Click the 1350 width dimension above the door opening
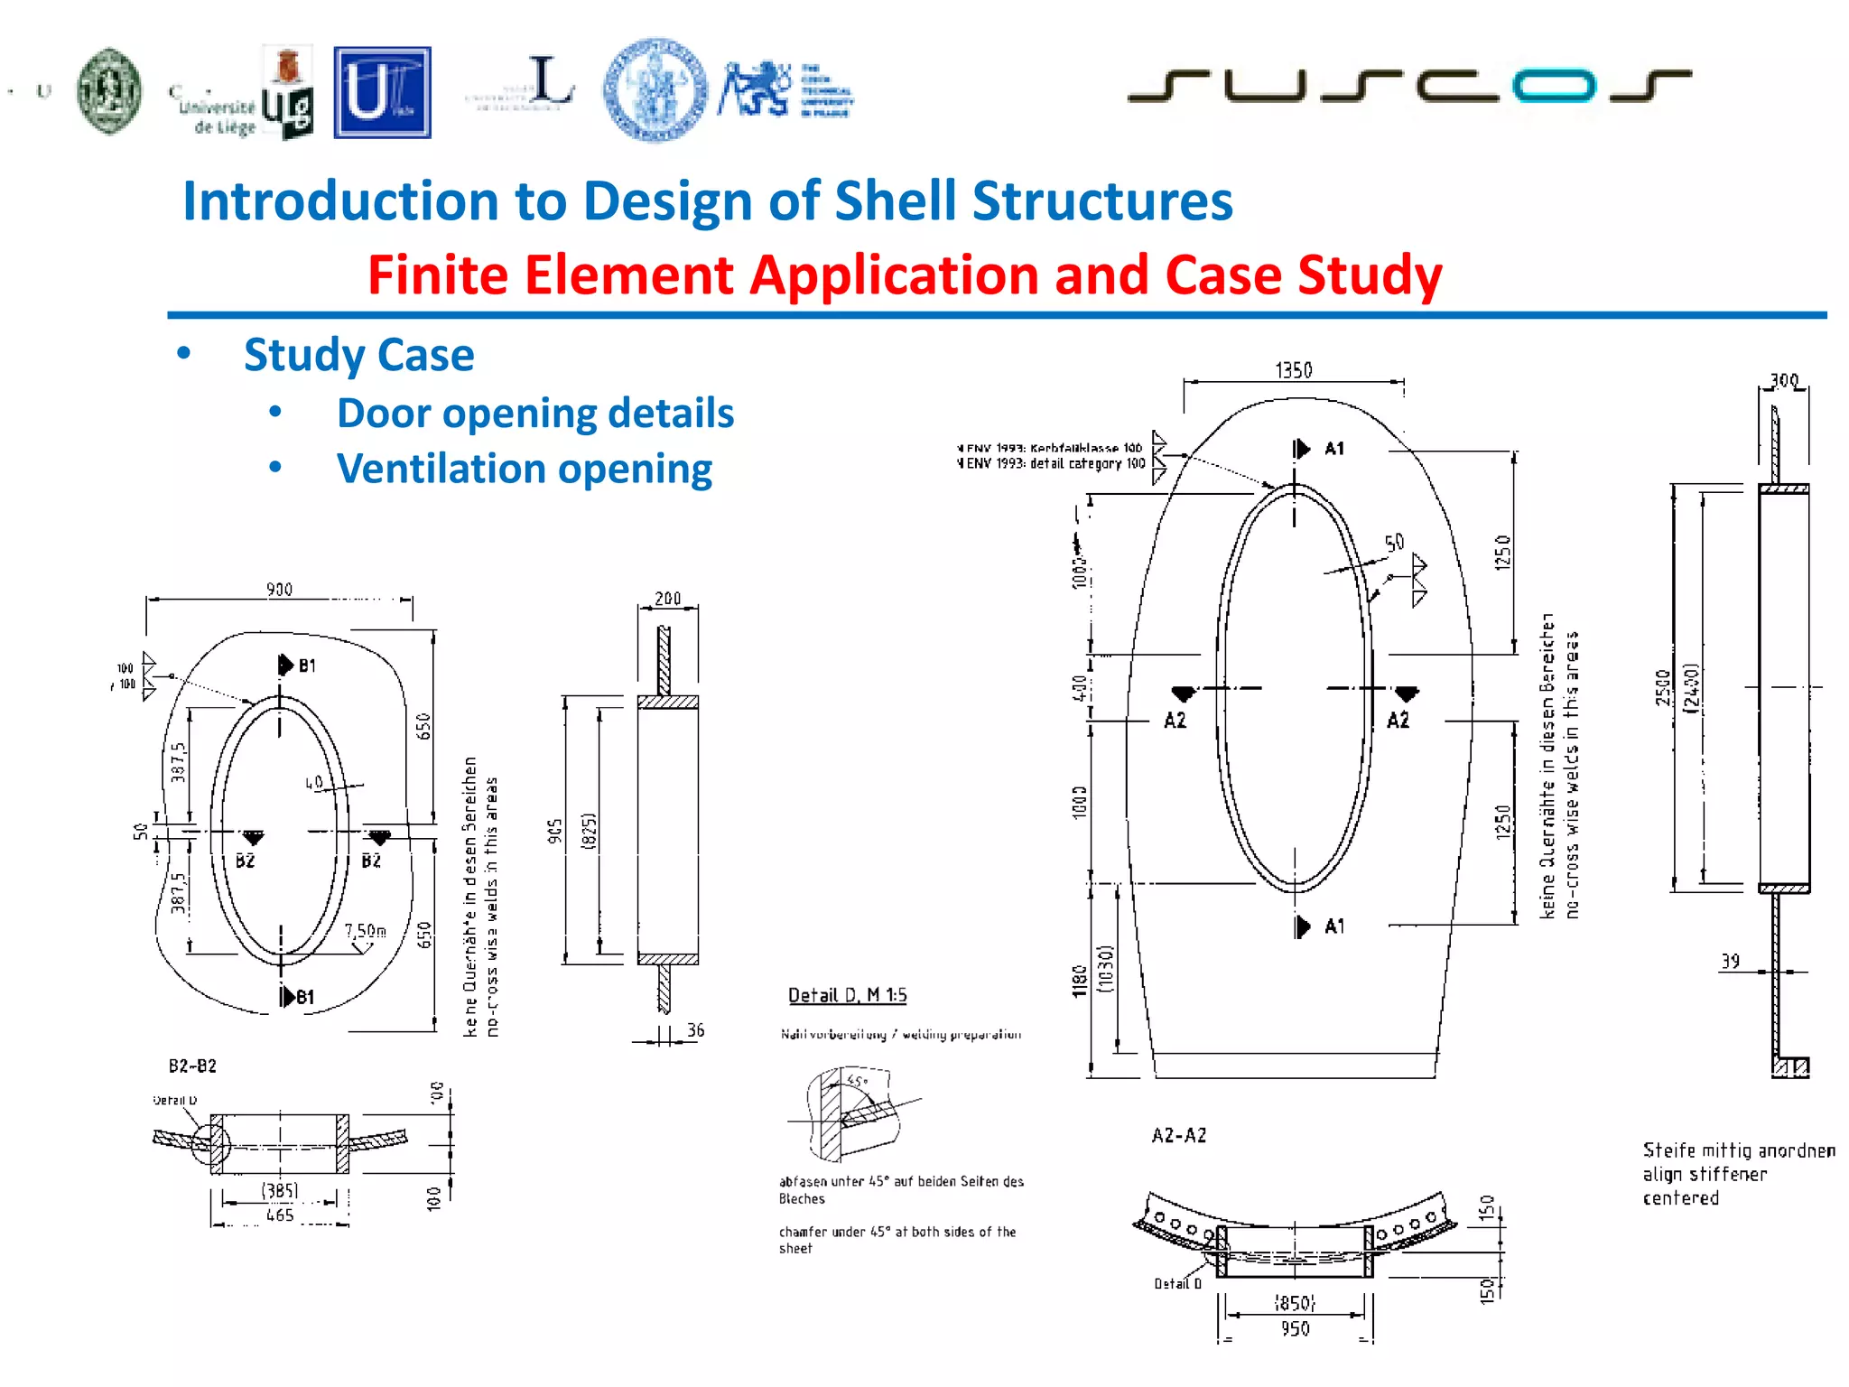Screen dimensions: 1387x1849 pyautogui.click(x=1293, y=369)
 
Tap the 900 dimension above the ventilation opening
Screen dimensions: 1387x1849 pyautogui.click(x=279, y=589)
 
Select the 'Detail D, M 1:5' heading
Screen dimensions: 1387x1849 pyautogui.click(x=847, y=995)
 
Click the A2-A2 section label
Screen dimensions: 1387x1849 pyautogui.click(x=1178, y=1135)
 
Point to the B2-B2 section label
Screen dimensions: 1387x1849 pyautogui.click(x=192, y=1066)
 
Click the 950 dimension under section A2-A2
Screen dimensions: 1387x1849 pyautogui.click(x=1295, y=1328)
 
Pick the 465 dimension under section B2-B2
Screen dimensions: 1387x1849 pyautogui.click(x=280, y=1215)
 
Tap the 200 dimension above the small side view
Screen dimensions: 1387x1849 pyautogui.click(x=667, y=599)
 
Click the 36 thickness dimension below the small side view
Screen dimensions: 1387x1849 pyautogui.click(x=695, y=1030)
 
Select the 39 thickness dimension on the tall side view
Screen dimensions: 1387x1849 pyautogui.click(x=1730, y=961)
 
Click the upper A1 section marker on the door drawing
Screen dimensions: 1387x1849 pyautogui.click(x=1319, y=449)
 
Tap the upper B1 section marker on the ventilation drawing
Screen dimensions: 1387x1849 pyautogui.click(x=297, y=666)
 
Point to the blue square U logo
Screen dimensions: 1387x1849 pyautogui.click(x=382, y=92)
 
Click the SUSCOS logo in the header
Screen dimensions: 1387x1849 pyautogui.click(x=1408, y=86)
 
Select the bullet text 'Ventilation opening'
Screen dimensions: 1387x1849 pyautogui.click(x=524, y=469)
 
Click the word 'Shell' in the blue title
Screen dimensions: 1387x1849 pyautogui.click(x=895, y=200)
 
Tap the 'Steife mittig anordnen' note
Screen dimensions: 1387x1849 pyautogui.click(x=1738, y=1150)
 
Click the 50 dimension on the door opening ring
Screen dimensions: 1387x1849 pyautogui.click(x=1394, y=542)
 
